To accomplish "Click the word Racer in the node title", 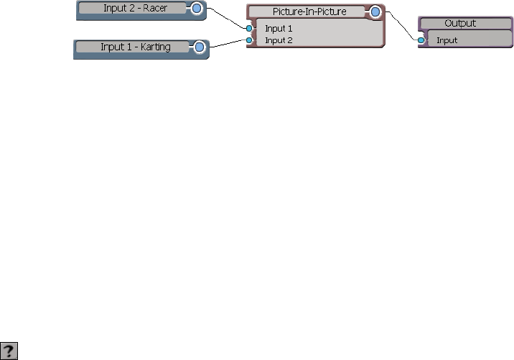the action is click(155, 9).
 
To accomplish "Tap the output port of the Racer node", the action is click(195, 9).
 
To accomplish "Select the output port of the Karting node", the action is click(200, 48).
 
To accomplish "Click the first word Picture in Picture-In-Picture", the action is click(287, 12).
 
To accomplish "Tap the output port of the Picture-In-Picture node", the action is click(375, 12).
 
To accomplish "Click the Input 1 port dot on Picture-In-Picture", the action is click(249, 29).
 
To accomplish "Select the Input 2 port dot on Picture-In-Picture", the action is click(249, 40).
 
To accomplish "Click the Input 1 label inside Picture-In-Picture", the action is click(279, 29).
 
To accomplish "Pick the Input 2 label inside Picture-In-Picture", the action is click(279, 40).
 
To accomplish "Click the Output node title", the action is click(460, 24).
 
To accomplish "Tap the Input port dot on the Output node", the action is click(421, 40).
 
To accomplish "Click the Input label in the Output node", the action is click(447, 40).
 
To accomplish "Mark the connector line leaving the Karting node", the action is click(226, 44).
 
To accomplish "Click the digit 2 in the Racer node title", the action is click(134, 9).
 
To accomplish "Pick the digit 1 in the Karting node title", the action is click(122, 47).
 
